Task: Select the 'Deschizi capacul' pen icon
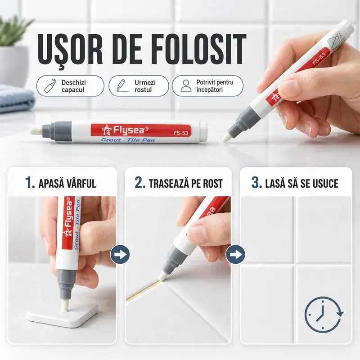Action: [50, 85]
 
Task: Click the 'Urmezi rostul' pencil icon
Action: [121, 85]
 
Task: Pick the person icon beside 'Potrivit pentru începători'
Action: [186, 86]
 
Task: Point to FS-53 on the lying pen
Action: [181, 133]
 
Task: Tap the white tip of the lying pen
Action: [36, 131]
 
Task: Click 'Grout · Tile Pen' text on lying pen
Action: [128, 140]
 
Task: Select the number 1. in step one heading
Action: [30, 183]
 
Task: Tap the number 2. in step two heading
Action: [140, 183]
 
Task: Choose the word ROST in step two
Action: [212, 184]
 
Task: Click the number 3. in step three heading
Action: [257, 183]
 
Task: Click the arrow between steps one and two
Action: [120, 254]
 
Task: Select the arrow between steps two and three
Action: [235, 254]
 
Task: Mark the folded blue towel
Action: [16, 99]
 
